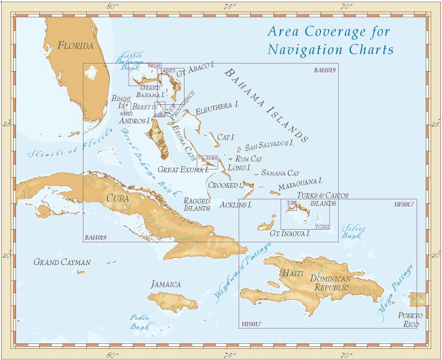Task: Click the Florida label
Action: (x=76, y=45)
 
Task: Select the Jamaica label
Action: (x=166, y=284)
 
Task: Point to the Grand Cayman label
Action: (x=62, y=262)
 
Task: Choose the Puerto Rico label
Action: (x=411, y=320)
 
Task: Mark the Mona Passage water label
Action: (x=396, y=293)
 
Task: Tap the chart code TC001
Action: (x=322, y=226)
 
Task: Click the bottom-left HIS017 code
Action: (x=251, y=324)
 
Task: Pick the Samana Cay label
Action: (x=280, y=173)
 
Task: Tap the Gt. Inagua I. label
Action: (x=290, y=234)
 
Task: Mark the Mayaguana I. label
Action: (x=300, y=181)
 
